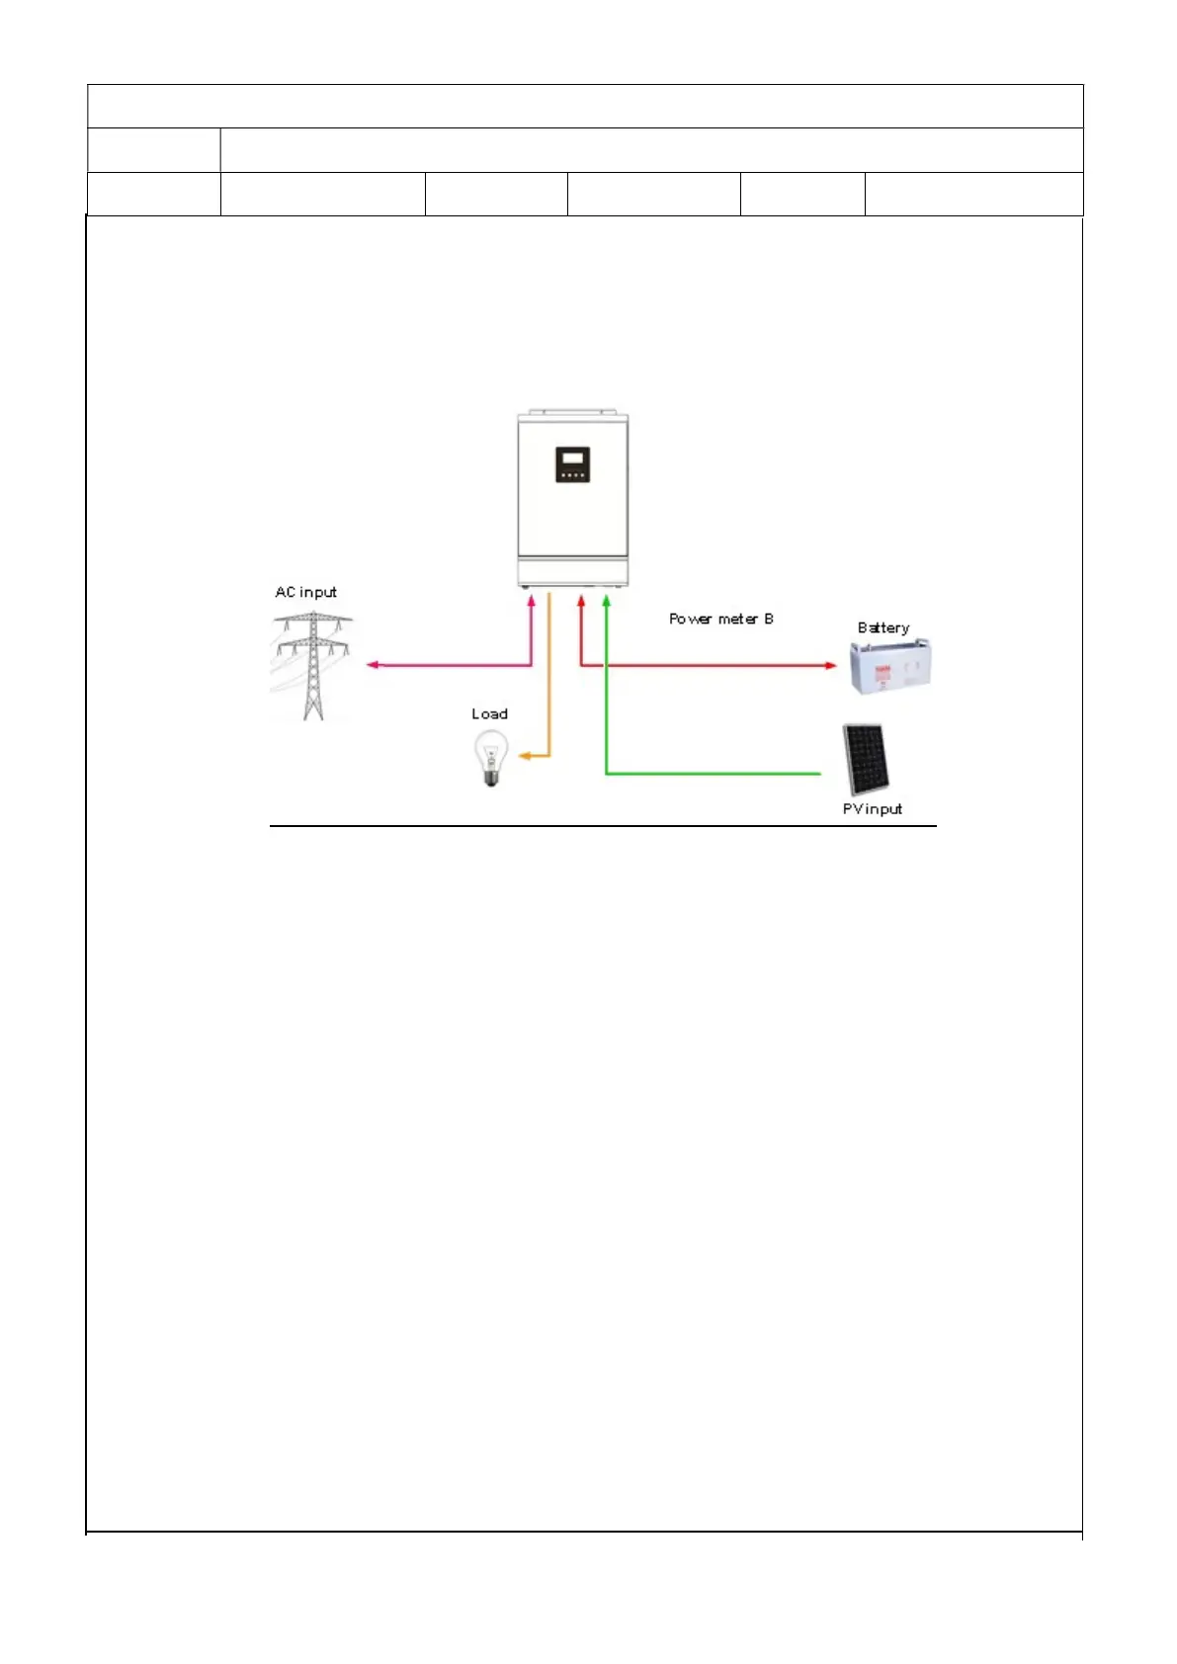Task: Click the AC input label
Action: tap(305, 592)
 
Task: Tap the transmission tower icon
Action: tap(312, 664)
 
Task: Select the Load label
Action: tap(489, 713)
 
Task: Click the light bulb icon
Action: tap(490, 756)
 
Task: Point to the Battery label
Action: tap(883, 627)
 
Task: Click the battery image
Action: tap(889, 666)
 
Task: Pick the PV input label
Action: tap(872, 808)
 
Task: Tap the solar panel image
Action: tap(865, 759)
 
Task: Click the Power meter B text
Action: tap(720, 619)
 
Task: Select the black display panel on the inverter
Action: tap(572, 464)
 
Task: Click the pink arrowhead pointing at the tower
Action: tap(373, 665)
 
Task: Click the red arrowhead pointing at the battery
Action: tap(831, 665)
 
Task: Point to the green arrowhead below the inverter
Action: tap(606, 599)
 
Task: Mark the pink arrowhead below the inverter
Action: tap(532, 599)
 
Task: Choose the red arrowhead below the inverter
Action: tap(581, 599)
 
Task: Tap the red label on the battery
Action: tap(883, 670)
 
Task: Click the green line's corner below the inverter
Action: tap(606, 773)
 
